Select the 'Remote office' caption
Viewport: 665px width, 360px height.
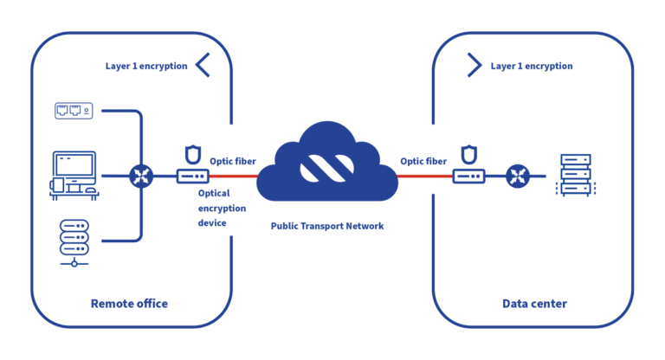click(x=129, y=304)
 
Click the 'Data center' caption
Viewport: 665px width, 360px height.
click(x=534, y=304)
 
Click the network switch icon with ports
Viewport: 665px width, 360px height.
click(x=74, y=110)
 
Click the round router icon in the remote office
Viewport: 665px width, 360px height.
click(x=140, y=176)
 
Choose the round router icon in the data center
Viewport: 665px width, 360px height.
click(x=519, y=176)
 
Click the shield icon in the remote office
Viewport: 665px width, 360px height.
click(x=192, y=155)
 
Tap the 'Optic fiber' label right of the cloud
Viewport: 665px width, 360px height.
click(x=423, y=161)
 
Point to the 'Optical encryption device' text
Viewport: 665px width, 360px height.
click(x=223, y=209)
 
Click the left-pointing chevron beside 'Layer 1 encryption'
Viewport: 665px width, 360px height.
click(x=203, y=65)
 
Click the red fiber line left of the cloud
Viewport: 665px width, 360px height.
click(x=238, y=176)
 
